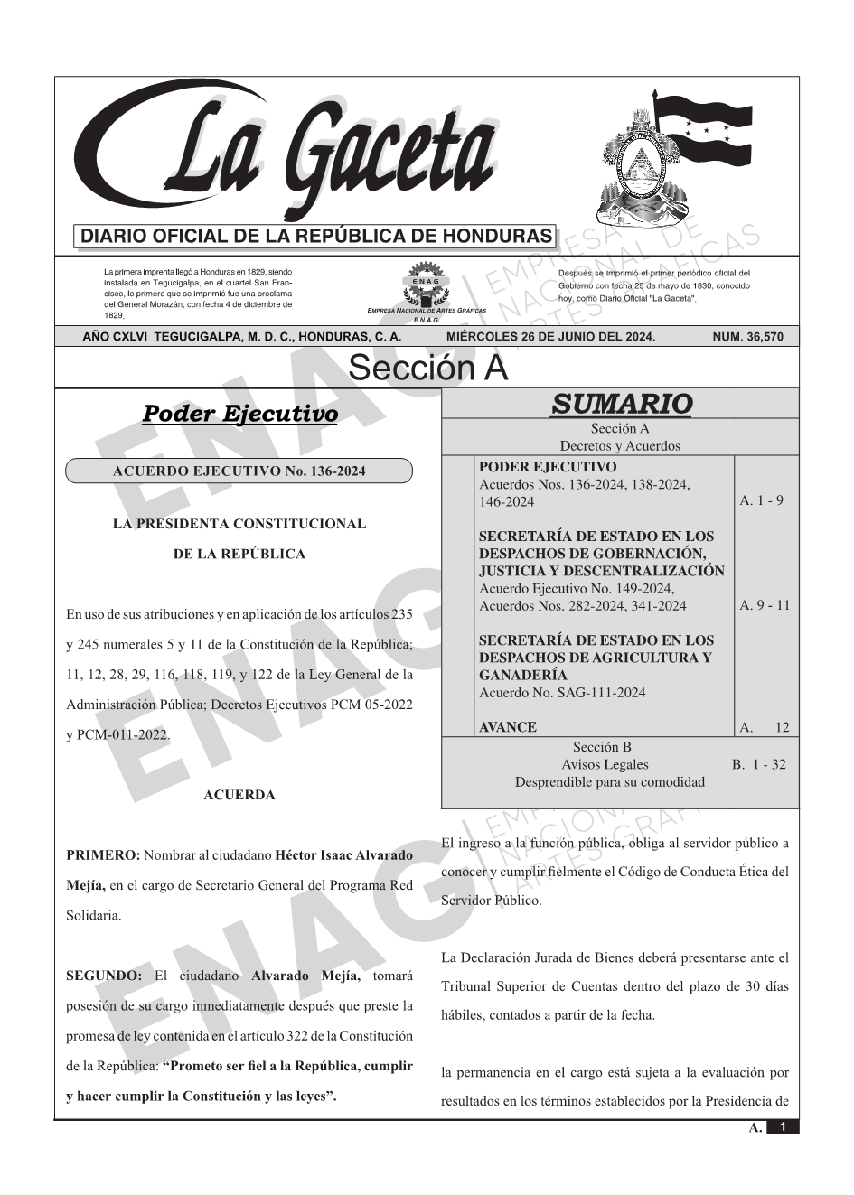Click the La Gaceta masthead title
point(298,154)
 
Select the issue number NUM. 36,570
point(747,337)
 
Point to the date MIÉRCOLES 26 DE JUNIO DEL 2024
point(550,337)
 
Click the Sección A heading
point(427,369)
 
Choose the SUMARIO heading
point(622,404)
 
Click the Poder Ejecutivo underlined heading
point(239,415)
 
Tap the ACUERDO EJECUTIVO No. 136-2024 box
point(239,471)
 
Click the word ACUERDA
point(239,795)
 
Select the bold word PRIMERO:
point(103,854)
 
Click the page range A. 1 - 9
point(761,500)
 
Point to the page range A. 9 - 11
point(765,605)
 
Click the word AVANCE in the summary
point(507,727)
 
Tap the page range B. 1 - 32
point(759,764)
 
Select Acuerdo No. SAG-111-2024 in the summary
point(562,693)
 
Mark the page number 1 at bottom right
point(783,1127)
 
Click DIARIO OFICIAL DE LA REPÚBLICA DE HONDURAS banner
point(316,237)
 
